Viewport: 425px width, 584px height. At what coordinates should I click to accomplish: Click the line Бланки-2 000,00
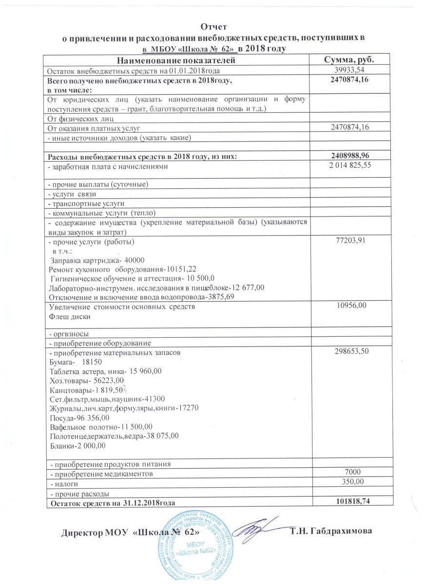[77, 445]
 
